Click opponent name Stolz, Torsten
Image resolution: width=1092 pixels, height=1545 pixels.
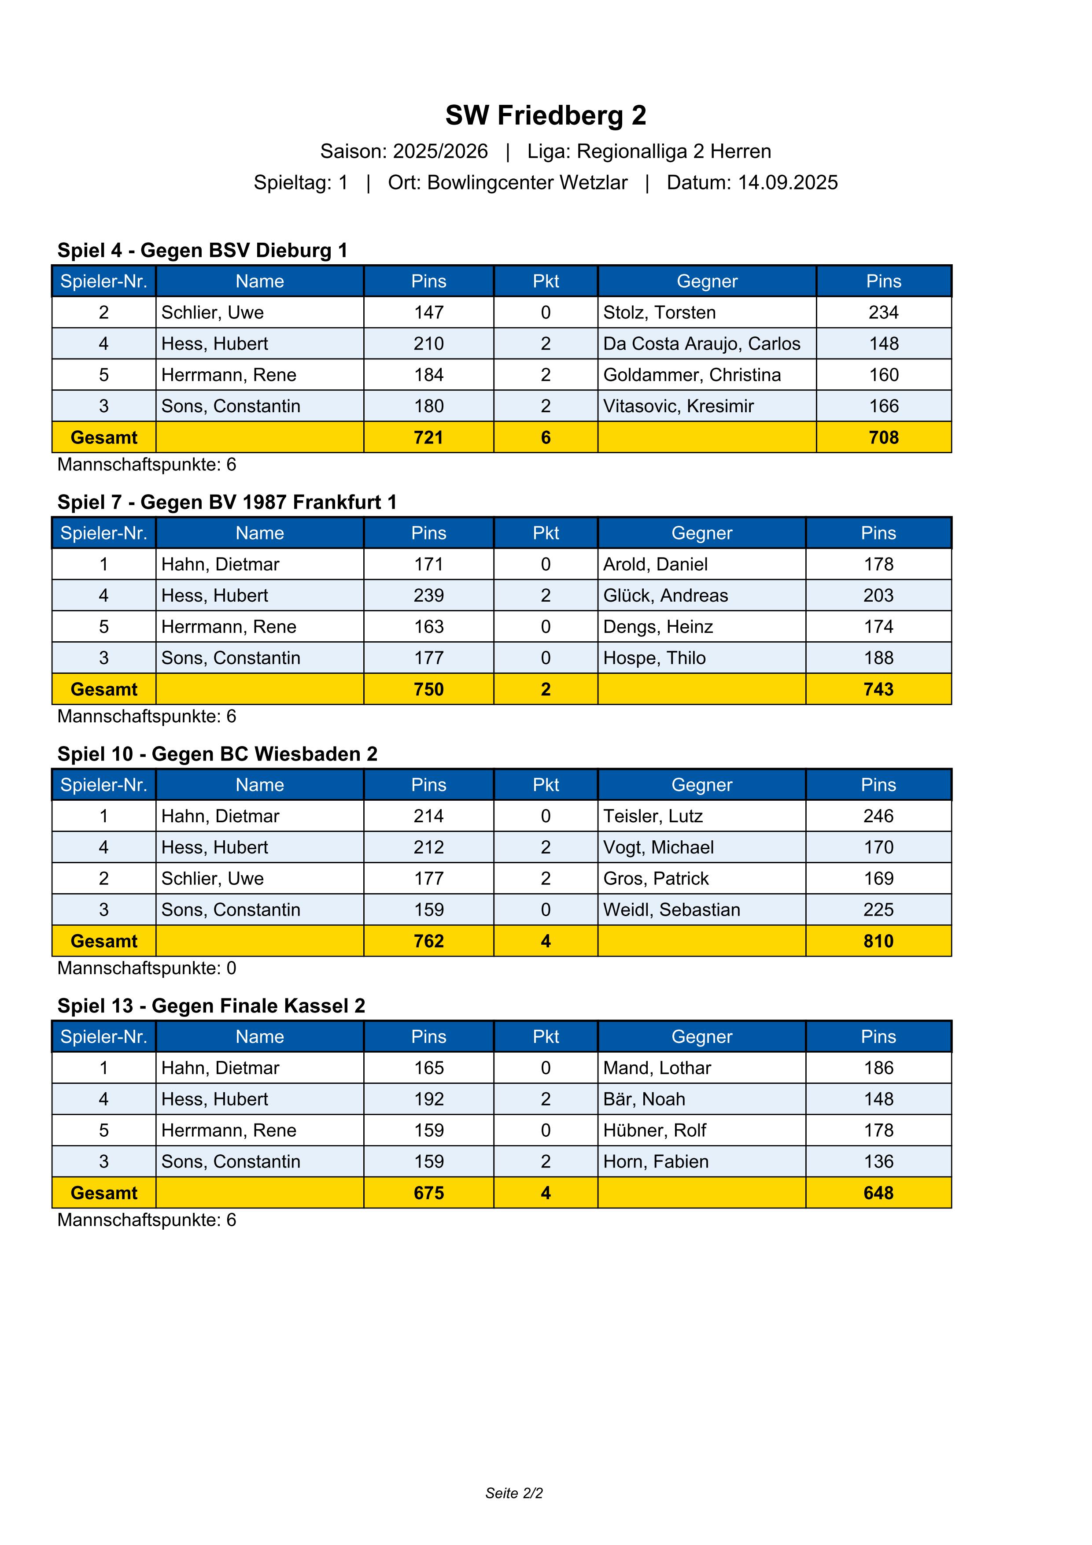(659, 312)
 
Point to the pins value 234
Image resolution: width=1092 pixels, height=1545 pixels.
(883, 312)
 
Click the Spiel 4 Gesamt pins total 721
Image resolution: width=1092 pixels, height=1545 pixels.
(428, 437)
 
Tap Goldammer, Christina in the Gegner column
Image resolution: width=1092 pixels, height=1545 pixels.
(692, 375)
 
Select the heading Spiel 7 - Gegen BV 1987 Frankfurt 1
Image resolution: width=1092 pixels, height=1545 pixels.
(227, 502)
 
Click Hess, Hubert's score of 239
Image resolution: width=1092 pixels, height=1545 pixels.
(428, 595)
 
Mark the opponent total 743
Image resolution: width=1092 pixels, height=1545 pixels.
(878, 689)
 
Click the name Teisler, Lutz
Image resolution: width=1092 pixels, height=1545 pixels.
(653, 816)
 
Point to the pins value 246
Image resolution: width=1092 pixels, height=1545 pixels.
(878, 816)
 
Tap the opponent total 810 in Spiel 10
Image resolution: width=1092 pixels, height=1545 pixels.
(878, 941)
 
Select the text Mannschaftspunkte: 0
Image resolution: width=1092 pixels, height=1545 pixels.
(147, 968)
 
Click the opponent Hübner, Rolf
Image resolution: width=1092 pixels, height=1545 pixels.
(654, 1131)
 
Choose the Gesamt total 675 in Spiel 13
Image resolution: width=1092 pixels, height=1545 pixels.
(428, 1193)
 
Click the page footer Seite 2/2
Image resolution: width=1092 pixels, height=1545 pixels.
(514, 1493)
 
